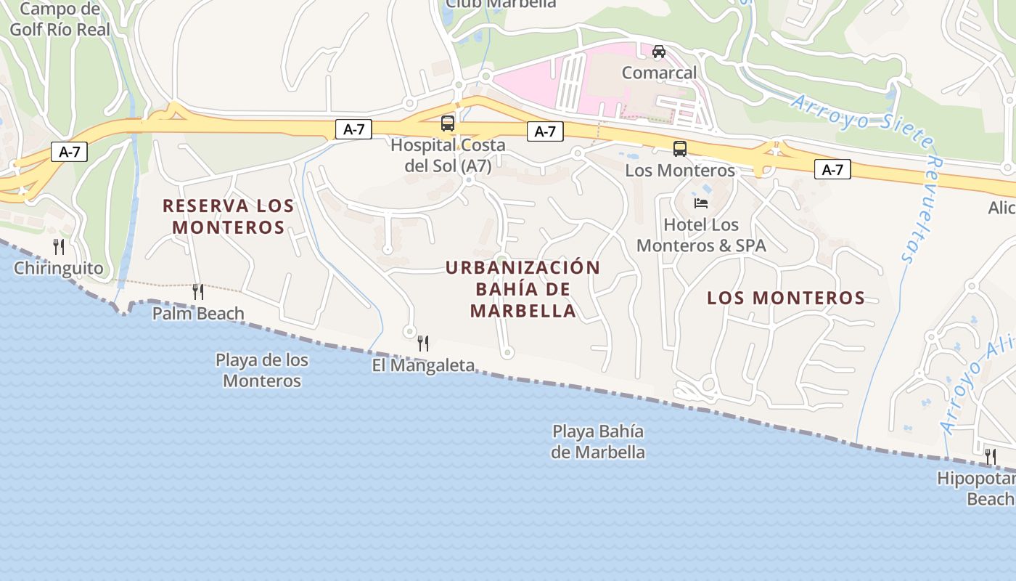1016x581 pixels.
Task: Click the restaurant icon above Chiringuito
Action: coord(59,247)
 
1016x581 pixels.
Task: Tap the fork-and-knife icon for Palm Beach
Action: coord(197,292)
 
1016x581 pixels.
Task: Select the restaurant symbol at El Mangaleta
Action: coord(423,344)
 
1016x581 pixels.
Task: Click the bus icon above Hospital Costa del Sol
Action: coord(448,123)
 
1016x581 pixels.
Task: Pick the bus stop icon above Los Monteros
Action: coord(680,149)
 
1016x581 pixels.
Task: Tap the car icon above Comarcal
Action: coord(659,52)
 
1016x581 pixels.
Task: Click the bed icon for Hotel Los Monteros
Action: coord(701,203)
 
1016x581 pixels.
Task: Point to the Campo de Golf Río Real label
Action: coord(60,20)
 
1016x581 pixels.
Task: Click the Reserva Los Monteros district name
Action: coord(229,216)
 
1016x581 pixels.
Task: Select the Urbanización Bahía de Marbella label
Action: coord(523,289)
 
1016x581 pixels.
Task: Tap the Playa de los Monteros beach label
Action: coord(262,370)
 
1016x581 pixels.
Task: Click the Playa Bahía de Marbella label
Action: coord(598,442)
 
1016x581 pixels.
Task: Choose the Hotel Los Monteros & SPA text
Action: coord(701,235)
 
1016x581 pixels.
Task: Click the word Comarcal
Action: coord(659,73)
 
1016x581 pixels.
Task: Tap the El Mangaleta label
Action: coord(423,365)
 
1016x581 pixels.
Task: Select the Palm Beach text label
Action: coord(198,314)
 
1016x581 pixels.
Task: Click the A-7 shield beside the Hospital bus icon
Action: coord(353,130)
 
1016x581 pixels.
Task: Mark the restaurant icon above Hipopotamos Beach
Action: coord(991,457)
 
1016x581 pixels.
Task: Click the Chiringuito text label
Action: coord(59,269)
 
